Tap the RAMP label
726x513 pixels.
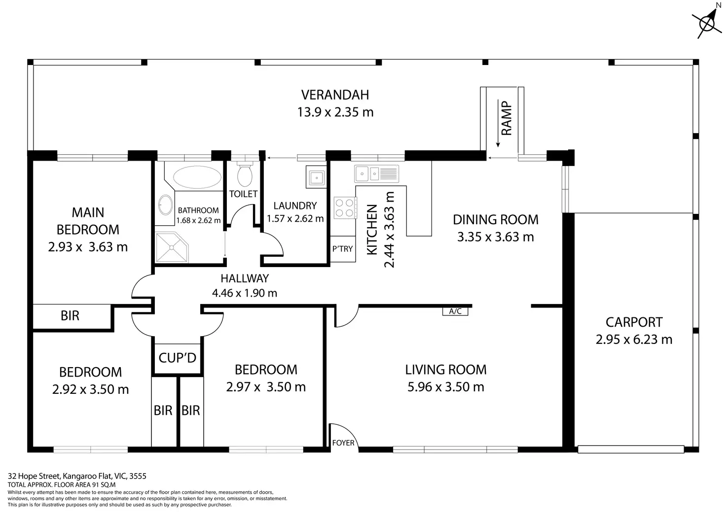(x=507, y=118)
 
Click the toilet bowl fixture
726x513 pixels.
(x=245, y=174)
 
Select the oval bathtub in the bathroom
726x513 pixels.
(x=197, y=177)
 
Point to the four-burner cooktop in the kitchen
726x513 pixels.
(x=345, y=207)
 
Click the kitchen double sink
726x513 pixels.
(x=376, y=173)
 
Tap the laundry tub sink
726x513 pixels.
(x=316, y=177)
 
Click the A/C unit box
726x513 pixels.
(x=455, y=311)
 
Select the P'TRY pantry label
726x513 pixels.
(x=343, y=249)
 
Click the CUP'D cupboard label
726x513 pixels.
(x=177, y=358)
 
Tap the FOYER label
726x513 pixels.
(x=343, y=443)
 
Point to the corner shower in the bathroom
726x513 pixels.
(x=172, y=247)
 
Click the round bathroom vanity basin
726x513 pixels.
(x=166, y=205)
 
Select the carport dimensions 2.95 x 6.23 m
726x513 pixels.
(x=634, y=340)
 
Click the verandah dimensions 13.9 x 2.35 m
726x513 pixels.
(x=335, y=112)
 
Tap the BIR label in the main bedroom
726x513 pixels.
(x=70, y=315)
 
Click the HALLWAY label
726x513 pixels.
(x=245, y=278)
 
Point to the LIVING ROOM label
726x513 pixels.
(x=446, y=370)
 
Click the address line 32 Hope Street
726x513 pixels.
(x=77, y=476)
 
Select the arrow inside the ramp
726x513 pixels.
(x=498, y=123)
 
